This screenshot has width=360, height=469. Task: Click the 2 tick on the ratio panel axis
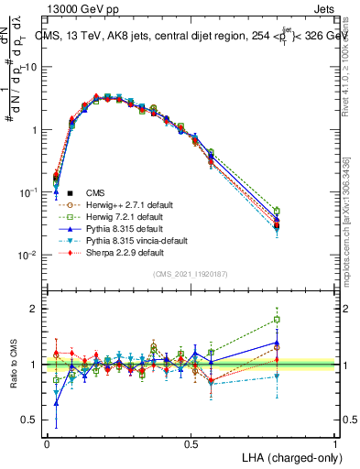tap(38, 309)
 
